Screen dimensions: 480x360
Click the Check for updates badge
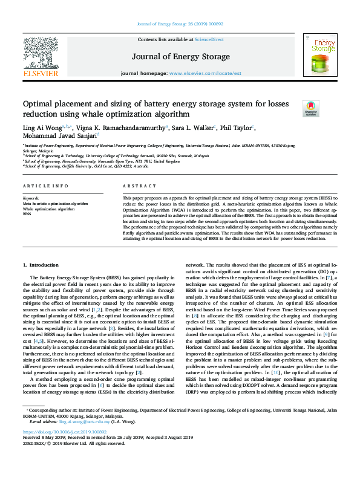[x=293, y=109]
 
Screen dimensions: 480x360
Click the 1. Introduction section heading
[x=41, y=265]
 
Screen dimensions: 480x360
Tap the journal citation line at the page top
[x=180, y=25]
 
